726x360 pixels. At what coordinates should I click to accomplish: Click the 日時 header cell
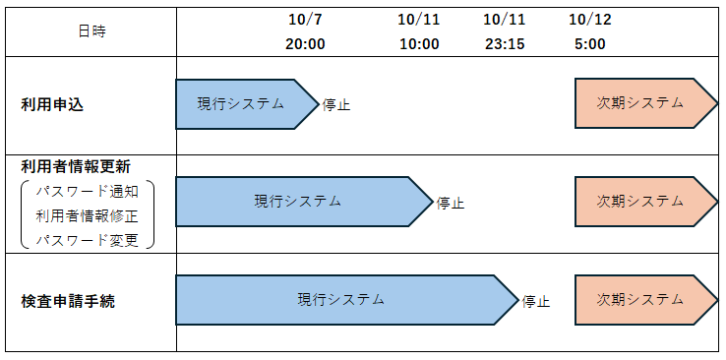(91, 30)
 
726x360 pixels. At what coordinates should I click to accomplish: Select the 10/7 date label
(306, 19)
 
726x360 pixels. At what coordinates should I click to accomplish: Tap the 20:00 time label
(306, 43)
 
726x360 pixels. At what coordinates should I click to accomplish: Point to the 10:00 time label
(418, 43)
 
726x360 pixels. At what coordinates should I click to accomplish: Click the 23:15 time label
(504, 43)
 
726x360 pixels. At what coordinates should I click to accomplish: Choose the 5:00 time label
(589, 43)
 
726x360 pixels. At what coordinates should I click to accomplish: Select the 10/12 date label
(589, 19)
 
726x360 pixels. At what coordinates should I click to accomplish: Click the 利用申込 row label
(52, 105)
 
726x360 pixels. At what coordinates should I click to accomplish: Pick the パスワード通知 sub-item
(87, 190)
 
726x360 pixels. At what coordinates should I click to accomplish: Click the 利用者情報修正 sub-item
(87, 215)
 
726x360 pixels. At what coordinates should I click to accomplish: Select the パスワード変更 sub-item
(87, 240)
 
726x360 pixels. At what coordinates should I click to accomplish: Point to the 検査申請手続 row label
(68, 301)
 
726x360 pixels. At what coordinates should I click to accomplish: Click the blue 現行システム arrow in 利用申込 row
(241, 104)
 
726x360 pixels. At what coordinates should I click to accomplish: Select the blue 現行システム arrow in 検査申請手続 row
(340, 300)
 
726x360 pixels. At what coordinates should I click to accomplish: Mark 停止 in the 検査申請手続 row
(536, 301)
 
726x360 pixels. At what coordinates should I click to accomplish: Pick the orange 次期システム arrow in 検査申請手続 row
(640, 300)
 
